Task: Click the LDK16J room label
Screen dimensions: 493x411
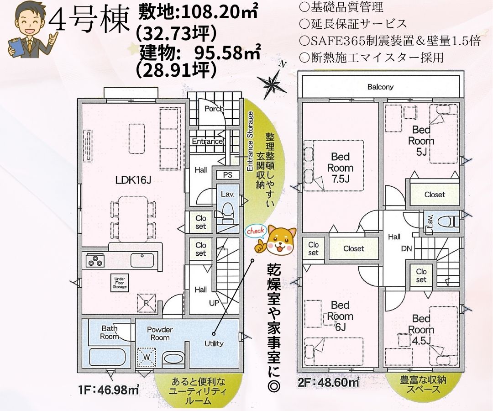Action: click(134, 180)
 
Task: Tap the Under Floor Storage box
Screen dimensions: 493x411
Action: click(120, 283)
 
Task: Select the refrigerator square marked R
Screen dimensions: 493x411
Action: click(147, 303)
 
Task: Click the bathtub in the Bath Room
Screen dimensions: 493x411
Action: click(109, 357)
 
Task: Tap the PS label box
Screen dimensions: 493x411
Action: click(227, 175)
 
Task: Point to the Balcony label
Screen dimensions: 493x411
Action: click(380, 87)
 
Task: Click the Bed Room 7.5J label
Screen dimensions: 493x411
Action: click(340, 168)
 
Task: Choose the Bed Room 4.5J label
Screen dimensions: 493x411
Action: click(421, 330)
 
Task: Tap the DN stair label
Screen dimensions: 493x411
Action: click(407, 248)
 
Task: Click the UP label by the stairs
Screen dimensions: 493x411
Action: click(214, 303)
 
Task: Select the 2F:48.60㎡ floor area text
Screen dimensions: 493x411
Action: click(328, 382)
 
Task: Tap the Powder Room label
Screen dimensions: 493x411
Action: click(160, 334)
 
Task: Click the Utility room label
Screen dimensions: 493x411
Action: click(214, 344)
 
